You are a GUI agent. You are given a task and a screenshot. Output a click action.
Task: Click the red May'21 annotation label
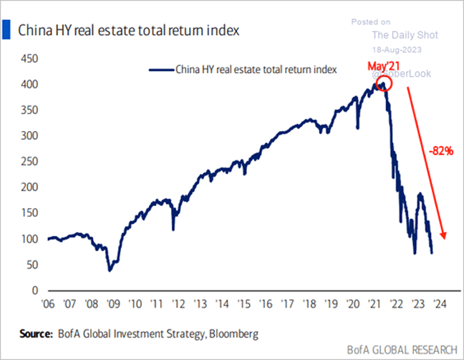coord(382,68)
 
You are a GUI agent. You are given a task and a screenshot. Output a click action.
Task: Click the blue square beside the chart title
coord(7,30)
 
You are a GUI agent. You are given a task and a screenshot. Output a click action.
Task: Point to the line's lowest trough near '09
coord(110,270)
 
